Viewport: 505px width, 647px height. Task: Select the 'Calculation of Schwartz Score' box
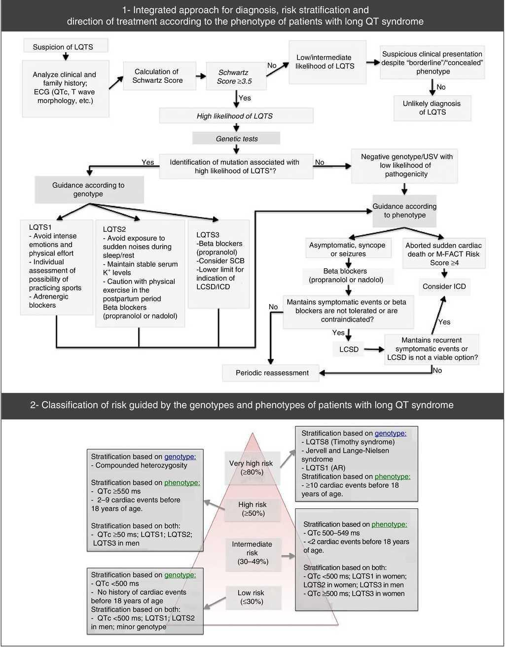(153, 76)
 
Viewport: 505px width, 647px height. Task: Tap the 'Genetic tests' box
(237, 139)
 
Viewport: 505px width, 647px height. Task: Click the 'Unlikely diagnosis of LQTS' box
(432, 108)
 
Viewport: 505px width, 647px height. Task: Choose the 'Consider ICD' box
(444, 287)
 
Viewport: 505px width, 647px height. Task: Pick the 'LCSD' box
(349, 349)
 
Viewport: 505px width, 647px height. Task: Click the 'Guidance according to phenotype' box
(404, 211)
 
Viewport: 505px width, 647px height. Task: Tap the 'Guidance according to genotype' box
(88, 190)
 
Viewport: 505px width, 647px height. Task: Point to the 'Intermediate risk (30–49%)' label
(252, 553)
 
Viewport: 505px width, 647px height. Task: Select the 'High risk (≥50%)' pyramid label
(252, 509)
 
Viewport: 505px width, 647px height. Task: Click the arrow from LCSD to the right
(374, 349)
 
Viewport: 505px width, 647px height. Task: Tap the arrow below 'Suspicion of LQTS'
(65, 56)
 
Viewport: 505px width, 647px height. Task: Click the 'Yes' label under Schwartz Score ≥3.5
(245, 98)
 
